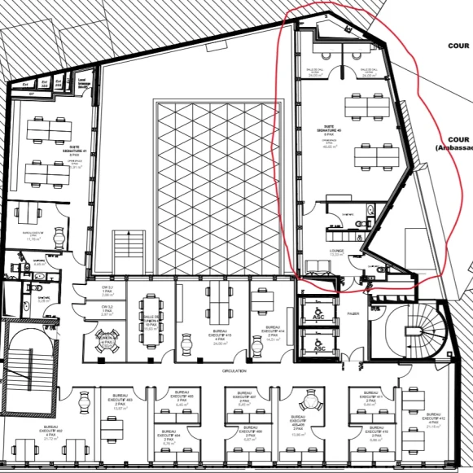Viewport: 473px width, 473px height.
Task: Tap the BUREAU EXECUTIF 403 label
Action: pos(120,401)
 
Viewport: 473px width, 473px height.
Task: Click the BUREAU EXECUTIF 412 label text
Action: pos(433,423)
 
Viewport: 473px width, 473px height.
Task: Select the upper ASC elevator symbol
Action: pos(319,312)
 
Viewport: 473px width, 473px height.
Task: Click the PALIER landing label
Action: pos(353,312)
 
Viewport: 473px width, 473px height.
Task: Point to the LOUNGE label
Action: pos(336,252)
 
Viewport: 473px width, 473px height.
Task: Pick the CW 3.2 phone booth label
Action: pos(107,311)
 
